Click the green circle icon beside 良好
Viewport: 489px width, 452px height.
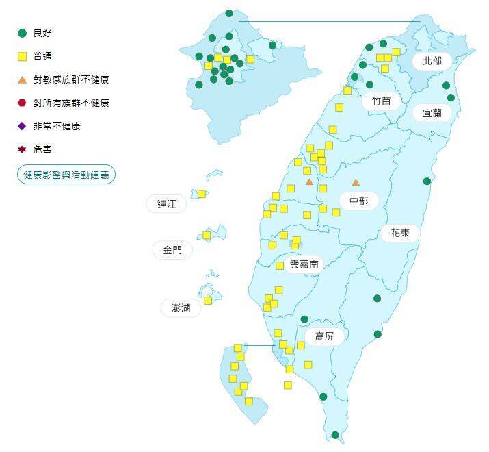[22, 33]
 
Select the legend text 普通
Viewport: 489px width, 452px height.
[42, 56]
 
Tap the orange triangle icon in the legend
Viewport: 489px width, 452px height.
[22, 79]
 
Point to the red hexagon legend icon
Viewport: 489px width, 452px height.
[22, 103]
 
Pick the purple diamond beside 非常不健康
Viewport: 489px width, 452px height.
[22, 126]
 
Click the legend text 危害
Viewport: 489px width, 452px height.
[42, 149]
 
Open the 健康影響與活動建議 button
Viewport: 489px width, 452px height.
[66, 175]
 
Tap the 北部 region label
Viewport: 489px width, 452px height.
[432, 61]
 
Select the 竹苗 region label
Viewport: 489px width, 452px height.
[382, 101]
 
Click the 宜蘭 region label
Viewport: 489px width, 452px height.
[432, 113]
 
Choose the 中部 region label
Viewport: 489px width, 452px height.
[358, 201]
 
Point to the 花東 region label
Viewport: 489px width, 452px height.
[400, 233]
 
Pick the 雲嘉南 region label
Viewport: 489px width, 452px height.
[304, 264]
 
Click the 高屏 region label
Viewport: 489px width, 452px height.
[324, 336]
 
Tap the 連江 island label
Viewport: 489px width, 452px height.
[166, 204]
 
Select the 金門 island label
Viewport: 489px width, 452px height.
[172, 251]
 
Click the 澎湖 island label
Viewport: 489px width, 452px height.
[181, 308]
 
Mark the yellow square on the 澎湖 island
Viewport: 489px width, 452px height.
[208, 300]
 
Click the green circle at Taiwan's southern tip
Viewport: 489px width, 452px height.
[335, 435]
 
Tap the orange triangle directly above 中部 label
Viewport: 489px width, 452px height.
[356, 183]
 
